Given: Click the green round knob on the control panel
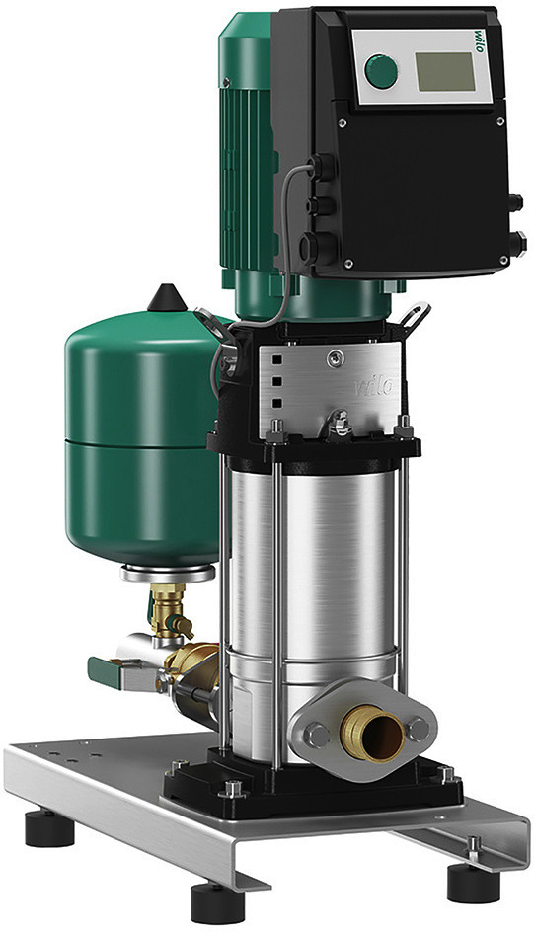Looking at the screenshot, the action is click(381, 71).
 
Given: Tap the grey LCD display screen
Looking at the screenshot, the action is click(446, 71).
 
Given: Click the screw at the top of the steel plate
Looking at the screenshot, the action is click(336, 357).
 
